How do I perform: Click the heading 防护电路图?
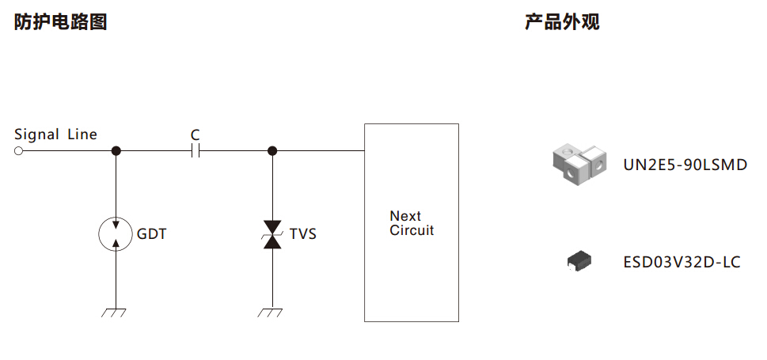[x=60, y=22]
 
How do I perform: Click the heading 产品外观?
[x=562, y=22]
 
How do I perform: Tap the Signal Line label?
[x=55, y=135]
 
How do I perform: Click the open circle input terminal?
[x=18, y=150]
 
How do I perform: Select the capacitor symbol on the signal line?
[x=196, y=150]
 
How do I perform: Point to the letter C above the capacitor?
[x=196, y=135]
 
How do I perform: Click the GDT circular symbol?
[x=116, y=233]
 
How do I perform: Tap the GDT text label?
[x=151, y=234]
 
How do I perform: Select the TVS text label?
[x=302, y=234]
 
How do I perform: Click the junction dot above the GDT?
[x=116, y=150]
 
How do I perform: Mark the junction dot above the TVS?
[x=272, y=150]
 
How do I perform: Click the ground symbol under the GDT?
[x=115, y=312]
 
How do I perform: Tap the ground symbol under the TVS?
[x=271, y=312]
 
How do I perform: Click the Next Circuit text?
[x=412, y=224]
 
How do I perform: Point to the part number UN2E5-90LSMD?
[x=685, y=165]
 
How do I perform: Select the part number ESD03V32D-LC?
[x=682, y=262]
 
